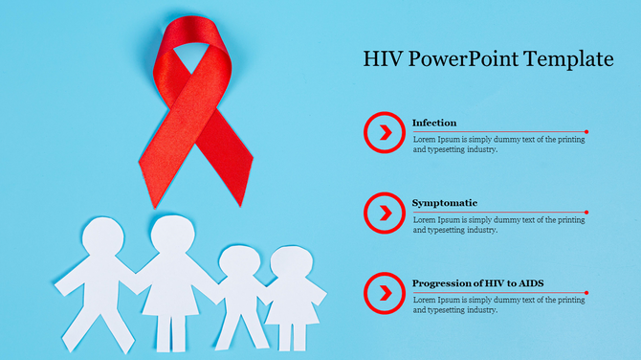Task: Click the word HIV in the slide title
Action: coord(384,59)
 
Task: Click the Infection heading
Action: coord(434,123)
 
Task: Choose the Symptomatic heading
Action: coord(445,203)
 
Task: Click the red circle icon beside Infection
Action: coord(385,132)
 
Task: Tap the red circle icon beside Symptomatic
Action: coord(385,212)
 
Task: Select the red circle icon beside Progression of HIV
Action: coord(385,292)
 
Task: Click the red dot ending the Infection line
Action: coord(586,131)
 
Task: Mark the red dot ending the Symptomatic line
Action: coord(586,212)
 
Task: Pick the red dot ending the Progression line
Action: coord(586,292)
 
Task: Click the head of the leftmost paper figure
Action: coord(103,237)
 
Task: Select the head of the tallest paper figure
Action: coord(171,236)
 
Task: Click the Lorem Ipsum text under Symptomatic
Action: coord(498,225)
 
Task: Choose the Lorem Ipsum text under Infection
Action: coord(498,145)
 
